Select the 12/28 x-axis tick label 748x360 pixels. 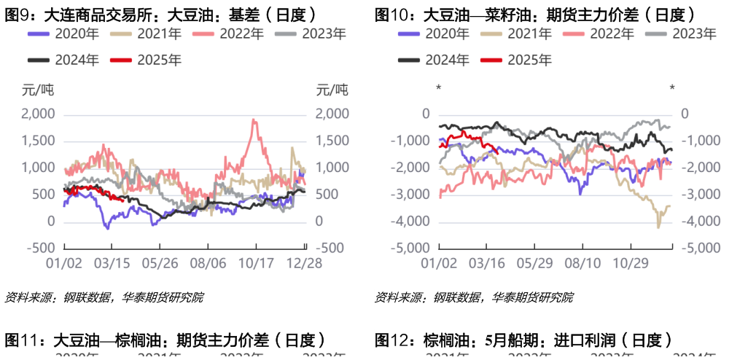pyautogui.click(x=300, y=263)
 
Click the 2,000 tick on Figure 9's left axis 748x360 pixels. pyautogui.click(x=39, y=114)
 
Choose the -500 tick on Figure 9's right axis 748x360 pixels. pyautogui.click(x=330, y=248)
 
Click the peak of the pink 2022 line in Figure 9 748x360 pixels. pyautogui.click(x=253, y=120)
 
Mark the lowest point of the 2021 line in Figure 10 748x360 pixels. pyautogui.click(x=658, y=227)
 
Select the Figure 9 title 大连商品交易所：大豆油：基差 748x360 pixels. pyautogui.click(x=160, y=14)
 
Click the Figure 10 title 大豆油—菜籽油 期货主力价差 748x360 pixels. pyautogui.click(x=534, y=14)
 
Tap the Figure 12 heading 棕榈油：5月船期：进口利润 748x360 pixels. pyautogui.click(x=521, y=340)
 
